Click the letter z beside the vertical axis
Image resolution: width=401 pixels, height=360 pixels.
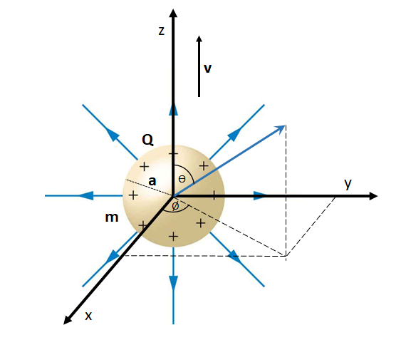tap(162, 31)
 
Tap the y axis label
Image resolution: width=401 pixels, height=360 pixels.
tap(348, 184)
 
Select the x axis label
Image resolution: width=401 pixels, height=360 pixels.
tap(88, 316)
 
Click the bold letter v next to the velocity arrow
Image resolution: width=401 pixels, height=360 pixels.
tap(207, 68)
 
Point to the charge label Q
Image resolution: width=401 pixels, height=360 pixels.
tap(147, 140)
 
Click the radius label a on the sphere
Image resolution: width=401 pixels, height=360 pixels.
tap(152, 181)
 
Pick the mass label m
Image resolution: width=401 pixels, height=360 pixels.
tap(112, 217)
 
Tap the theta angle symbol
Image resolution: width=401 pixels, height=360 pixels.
tap(182, 179)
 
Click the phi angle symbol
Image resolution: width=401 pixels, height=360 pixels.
tap(175, 206)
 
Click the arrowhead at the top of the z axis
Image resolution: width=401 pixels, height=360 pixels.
tap(173, 14)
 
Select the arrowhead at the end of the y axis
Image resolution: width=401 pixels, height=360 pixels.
tap(373, 196)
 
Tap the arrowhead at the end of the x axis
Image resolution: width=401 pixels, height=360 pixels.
tap(67, 320)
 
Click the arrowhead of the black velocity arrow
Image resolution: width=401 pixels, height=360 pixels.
tap(199, 38)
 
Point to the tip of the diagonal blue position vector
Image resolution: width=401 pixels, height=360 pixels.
tap(285, 125)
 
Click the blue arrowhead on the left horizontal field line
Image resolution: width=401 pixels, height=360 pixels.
tap(85, 195)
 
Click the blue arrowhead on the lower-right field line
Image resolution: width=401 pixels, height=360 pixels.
tap(235, 257)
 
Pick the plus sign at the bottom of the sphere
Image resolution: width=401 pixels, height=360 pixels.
tap(173, 237)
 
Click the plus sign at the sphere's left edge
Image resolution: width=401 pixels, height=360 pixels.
tap(133, 195)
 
